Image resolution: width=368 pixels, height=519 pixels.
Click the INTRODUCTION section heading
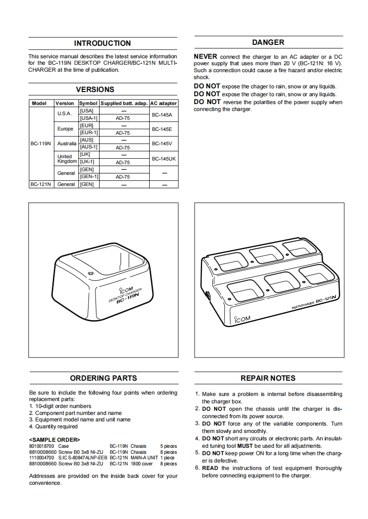click(x=102, y=43)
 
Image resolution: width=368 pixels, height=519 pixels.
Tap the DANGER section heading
click(x=268, y=43)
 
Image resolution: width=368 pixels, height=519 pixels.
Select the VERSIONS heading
click(x=95, y=89)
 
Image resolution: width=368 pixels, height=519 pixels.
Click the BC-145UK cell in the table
click(x=164, y=159)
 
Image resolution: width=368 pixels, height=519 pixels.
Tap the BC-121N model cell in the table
click(x=41, y=184)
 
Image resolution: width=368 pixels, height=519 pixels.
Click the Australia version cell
click(x=67, y=144)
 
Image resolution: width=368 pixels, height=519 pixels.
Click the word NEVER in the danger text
click(x=205, y=57)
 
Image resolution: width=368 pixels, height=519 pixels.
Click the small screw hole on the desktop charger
click(x=90, y=274)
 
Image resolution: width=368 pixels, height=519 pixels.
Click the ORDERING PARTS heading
click(x=103, y=378)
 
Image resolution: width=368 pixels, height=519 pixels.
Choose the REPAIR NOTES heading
click(x=268, y=378)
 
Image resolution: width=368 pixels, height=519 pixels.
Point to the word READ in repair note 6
click(x=210, y=468)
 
